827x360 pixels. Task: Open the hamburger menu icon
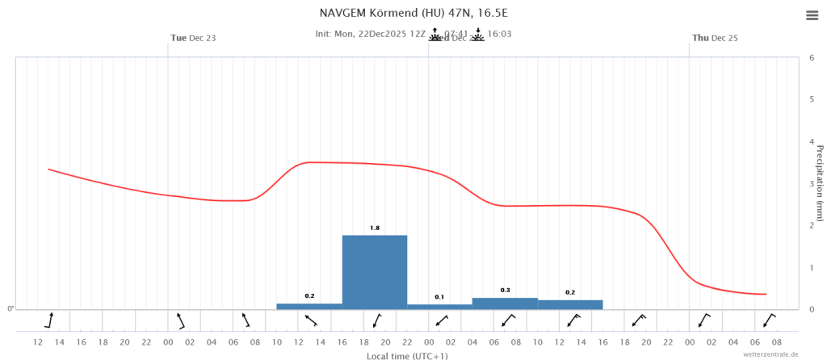pos(812,16)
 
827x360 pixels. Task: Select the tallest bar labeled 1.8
pos(374,271)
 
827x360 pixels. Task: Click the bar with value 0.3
pos(505,303)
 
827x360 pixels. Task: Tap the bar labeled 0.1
pos(439,306)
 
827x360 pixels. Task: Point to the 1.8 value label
pos(375,228)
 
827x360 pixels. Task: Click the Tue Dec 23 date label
pos(193,38)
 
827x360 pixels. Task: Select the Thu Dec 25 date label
pos(715,38)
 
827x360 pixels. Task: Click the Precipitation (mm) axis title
pos(819,182)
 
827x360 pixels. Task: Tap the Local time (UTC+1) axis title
pos(407,355)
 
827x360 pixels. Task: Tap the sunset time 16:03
pos(499,35)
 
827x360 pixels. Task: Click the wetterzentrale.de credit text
pos(770,354)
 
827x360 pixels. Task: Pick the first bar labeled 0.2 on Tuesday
pos(309,306)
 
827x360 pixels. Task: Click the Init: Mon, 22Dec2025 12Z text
pos(370,35)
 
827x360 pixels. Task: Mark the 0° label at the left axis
pos(10,308)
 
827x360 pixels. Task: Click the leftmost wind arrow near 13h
pos(49,320)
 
